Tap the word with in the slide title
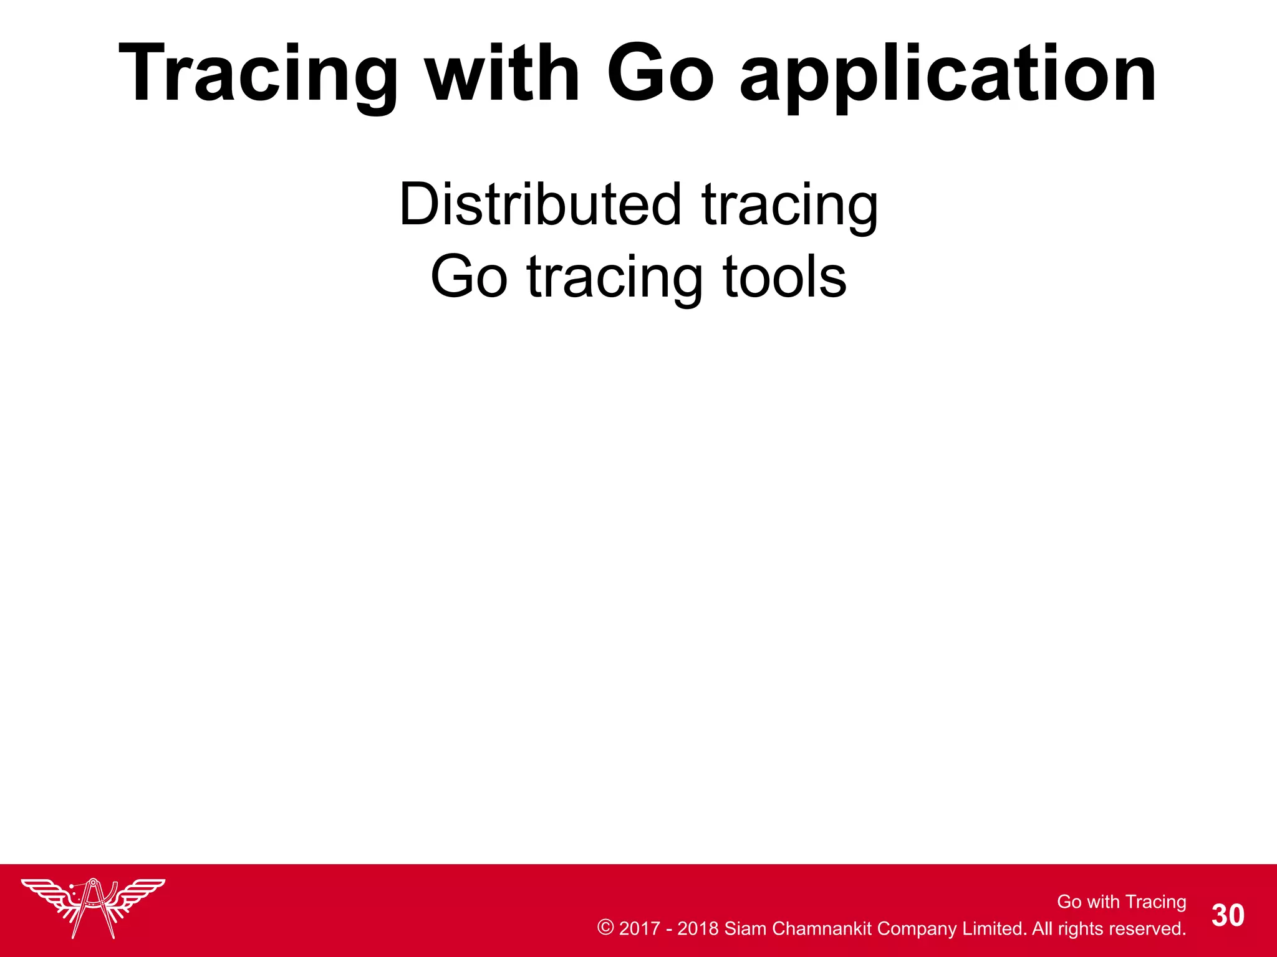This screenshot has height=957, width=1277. (x=503, y=74)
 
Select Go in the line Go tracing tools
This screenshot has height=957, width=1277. (x=469, y=277)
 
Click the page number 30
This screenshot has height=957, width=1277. (x=1228, y=916)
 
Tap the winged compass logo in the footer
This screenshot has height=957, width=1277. (x=93, y=907)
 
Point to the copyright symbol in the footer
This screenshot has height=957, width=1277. (x=605, y=928)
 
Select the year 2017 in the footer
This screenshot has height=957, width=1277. (x=639, y=928)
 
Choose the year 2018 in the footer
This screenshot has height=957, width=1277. (x=698, y=928)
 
